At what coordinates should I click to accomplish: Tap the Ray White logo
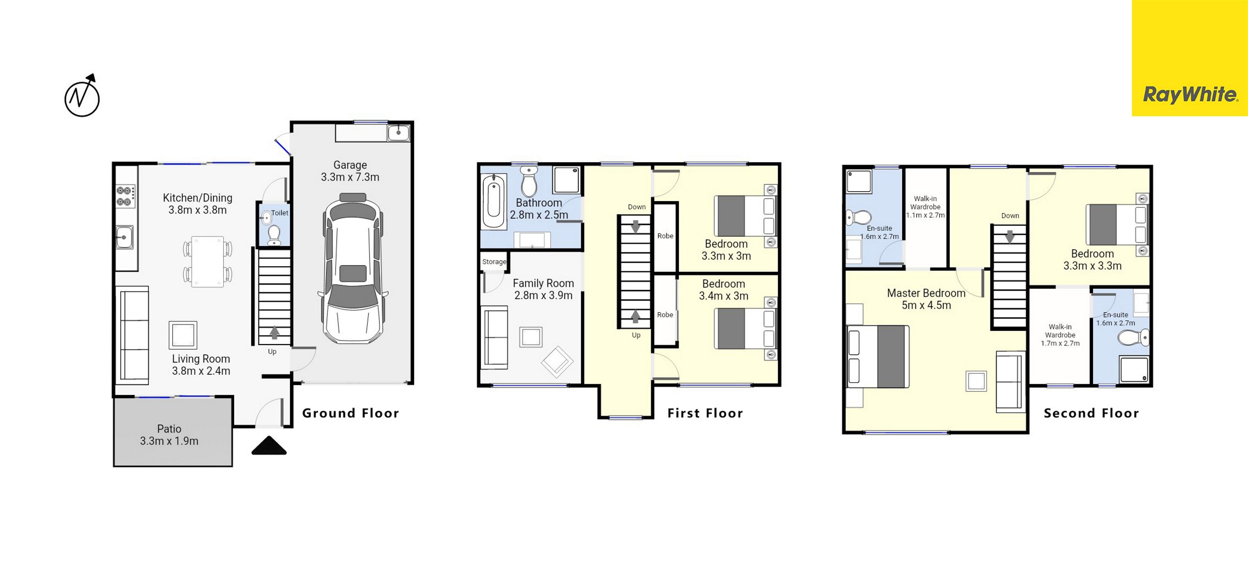1190,94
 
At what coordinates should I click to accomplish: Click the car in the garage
353,269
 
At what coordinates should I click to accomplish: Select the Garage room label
350,165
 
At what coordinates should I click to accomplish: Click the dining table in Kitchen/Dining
208,262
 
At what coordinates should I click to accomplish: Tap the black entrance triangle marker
269,445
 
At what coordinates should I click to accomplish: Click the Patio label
169,428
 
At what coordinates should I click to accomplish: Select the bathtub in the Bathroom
494,201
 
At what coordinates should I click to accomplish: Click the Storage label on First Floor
494,262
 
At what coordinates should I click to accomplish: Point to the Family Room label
543,283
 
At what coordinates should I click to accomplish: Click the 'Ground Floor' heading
350,413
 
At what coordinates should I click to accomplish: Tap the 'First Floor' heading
705,413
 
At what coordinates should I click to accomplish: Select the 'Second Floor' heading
1091,413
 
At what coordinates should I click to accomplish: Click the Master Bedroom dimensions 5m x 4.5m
926,305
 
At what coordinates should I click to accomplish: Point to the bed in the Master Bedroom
877,357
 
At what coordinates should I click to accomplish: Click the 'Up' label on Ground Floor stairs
272,352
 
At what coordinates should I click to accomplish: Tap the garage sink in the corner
399,132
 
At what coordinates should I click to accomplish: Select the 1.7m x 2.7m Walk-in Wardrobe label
1060,335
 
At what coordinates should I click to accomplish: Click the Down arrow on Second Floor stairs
1010,236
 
